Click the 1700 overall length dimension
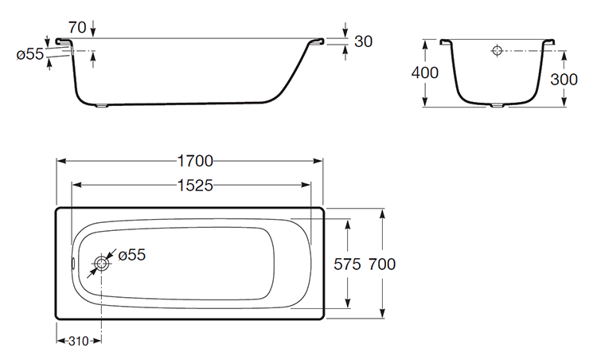[195, 161]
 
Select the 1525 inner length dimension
[195, 186]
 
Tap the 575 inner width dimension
[347, 264]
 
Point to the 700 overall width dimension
[382, 264]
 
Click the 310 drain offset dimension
[79, 341]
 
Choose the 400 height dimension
[425, 72]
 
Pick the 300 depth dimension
[564, 79]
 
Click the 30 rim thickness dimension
[363, 41]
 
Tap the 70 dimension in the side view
[77, 27]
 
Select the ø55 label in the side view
[30, 54]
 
